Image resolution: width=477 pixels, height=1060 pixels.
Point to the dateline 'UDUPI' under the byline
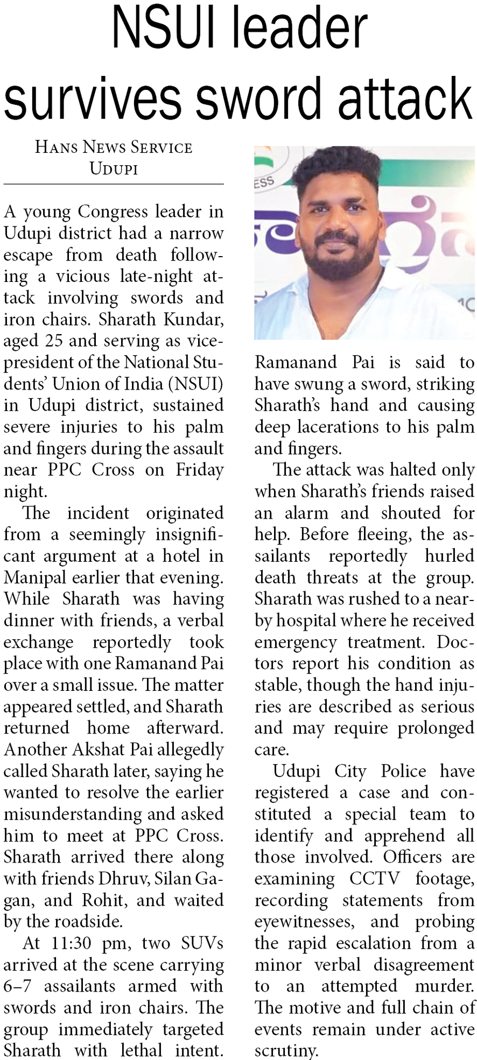pos(114,169)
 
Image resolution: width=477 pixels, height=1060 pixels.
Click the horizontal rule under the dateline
pos(114,184)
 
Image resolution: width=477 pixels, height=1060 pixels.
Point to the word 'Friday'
pos(199,470)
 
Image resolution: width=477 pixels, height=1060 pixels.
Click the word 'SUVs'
pos(202,943)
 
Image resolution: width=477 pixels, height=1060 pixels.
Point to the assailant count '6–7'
pos(17,986)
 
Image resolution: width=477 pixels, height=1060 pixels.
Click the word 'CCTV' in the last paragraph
pos(375,879)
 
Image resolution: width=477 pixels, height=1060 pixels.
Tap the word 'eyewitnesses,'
pos(305,922)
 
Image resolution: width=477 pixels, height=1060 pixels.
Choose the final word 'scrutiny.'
pos(286,1051)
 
